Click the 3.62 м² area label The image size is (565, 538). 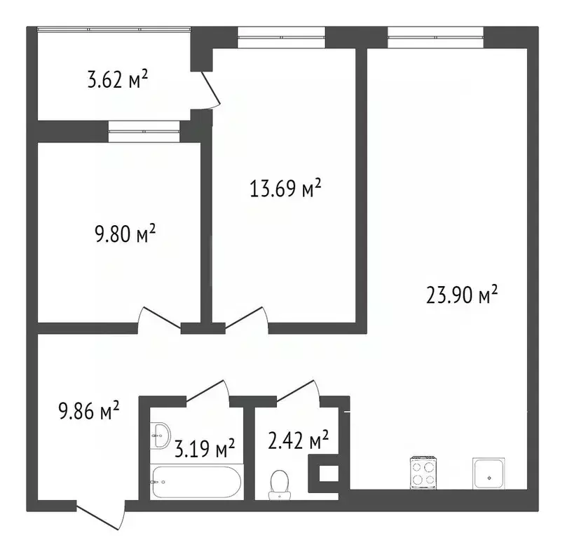click(x=117, y=80)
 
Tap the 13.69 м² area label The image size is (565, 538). click(x=286, y=189)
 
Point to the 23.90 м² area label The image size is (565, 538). click(x=462, y=295)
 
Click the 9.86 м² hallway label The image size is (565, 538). click(x=88, y=410)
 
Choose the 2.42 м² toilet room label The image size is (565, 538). click(x=299, y=441)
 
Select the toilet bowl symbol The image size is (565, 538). click(x=280, y=484)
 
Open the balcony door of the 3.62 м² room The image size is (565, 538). click(x=207, y=91)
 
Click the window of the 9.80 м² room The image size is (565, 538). click(x=144, y=131)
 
